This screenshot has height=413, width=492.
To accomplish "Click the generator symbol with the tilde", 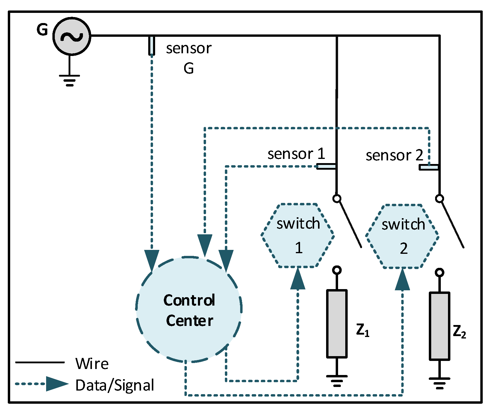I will coord(72,36).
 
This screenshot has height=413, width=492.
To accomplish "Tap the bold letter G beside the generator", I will coord(42,30).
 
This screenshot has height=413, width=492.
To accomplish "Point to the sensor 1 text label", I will coord(296,154).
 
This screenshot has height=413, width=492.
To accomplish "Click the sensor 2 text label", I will coord(394,155).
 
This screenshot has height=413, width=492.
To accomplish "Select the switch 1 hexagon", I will coord(298,235).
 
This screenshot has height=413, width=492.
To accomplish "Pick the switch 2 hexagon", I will coord(402,236).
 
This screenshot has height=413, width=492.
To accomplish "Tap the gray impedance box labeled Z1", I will coord(337,324).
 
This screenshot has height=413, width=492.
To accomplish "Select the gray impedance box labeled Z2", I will coord(439,326).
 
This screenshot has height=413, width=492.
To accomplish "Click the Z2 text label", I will coord(459,332).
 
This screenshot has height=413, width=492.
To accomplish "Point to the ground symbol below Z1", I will coord(337,380).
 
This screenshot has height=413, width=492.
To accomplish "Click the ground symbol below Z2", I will coord(439,383).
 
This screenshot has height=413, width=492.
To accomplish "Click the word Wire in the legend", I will coord(92,364).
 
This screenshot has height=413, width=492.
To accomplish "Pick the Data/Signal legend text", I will coord(115,385).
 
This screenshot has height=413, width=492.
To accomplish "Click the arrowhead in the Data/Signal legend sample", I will coord(56,384).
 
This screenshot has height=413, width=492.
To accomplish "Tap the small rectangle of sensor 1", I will coord(326,166).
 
